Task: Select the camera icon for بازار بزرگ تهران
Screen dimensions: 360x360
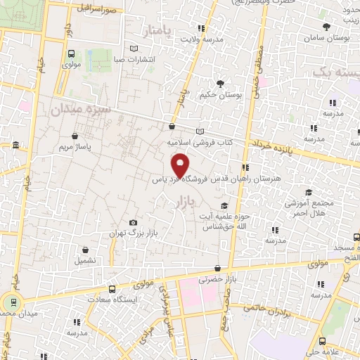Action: pos(134,223)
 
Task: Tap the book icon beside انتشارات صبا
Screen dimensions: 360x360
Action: pos(134,49)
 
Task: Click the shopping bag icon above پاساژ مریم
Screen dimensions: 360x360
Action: pos(75,136)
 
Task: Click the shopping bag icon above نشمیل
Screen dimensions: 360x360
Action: pos(85,249)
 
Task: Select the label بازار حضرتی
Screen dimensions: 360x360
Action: pos(215,279)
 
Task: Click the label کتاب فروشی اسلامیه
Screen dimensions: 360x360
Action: pos(199,142)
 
